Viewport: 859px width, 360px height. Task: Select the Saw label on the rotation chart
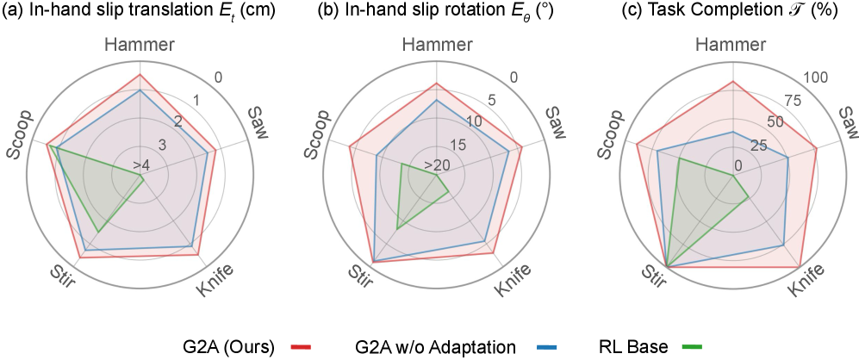point(556,122)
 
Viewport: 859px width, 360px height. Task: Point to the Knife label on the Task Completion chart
point(806,282)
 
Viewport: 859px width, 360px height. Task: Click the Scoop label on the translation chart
point(18,134)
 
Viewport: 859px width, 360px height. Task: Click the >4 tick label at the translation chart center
point(140,164)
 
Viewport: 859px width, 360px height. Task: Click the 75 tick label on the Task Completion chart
point(793,101)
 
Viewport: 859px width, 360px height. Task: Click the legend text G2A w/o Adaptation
point(435,346)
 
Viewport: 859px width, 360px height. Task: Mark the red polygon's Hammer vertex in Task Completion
point(733,82)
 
